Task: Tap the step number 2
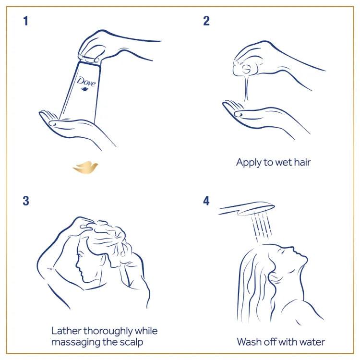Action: coord(206,22)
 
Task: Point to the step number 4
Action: coord(206,201)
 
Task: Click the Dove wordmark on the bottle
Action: coord(86,82)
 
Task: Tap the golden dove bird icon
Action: coord(85,168)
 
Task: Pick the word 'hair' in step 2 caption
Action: coord(301,162)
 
